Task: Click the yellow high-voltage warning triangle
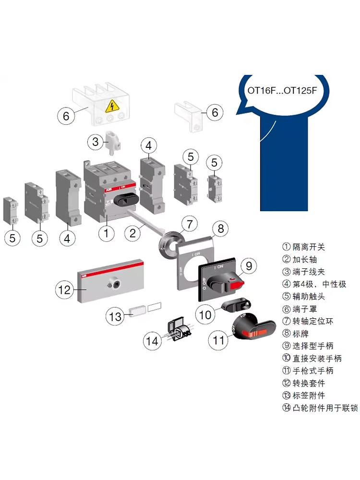click(112, 105)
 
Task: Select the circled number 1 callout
click(106, 234)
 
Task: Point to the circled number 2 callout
click(134, 234)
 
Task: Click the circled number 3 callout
click(95, 142)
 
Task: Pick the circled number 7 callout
click(189, 224)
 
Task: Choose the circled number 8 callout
click(220, 228)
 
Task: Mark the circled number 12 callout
click(64, 290)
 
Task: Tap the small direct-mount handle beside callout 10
click(236, 304)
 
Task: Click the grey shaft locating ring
click(167, 245)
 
